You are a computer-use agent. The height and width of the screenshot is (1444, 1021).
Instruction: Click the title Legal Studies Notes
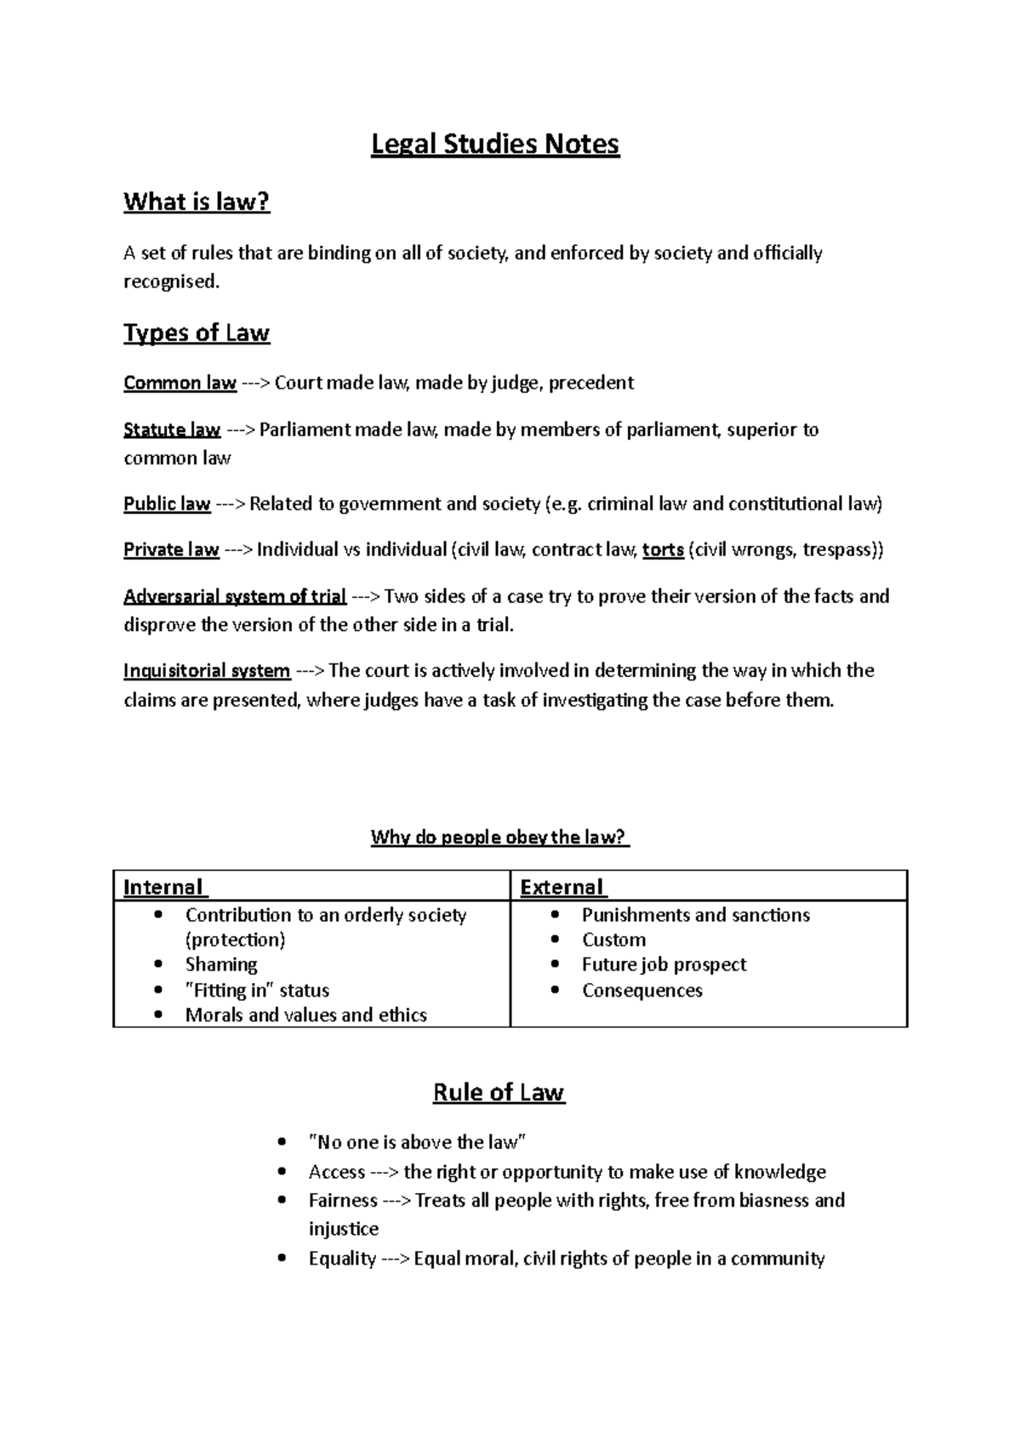click(495, 145)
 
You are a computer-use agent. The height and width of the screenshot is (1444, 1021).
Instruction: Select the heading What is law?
click(197, 202)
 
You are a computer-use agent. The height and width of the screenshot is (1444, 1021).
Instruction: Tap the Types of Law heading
click(197, 333)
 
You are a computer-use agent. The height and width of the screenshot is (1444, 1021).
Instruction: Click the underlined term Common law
click(180, 383)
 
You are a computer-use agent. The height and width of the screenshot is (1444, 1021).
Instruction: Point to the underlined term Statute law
click(172, 429)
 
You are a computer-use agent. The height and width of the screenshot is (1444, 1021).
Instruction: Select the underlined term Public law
click(167, 503)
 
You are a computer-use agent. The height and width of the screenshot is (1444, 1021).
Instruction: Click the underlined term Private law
click(171, 549)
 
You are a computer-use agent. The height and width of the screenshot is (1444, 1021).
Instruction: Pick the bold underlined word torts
click(663, 549)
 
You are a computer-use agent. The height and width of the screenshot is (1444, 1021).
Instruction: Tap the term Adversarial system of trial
click(234, 596)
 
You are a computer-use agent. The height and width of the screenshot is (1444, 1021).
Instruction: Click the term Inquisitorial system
click(207, 670)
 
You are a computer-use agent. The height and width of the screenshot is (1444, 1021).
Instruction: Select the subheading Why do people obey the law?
click(499, 837)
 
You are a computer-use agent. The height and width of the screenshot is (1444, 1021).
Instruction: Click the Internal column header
click(163, 887)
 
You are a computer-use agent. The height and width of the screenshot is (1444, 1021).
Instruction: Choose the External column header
click(562, 887)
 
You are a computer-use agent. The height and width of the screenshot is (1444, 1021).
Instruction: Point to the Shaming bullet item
click(221, 964)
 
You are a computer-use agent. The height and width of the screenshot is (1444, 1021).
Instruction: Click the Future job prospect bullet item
click(664, 964)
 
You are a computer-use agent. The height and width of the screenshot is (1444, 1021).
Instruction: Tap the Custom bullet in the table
click(613, 940)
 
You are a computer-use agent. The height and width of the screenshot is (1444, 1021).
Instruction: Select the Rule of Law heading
click(499, 1092)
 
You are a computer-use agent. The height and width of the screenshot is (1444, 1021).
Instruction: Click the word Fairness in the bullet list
click(343, 1200)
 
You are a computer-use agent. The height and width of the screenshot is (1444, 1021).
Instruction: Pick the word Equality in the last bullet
click(342, 1258)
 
